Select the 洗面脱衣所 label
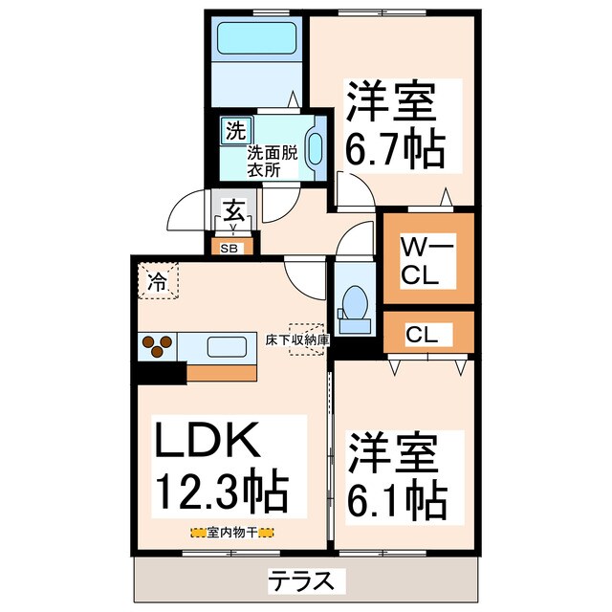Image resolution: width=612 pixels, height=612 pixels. pos(273,161)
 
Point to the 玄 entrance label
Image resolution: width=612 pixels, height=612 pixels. pos(232,208)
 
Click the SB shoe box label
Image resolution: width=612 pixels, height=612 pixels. pos(230,249)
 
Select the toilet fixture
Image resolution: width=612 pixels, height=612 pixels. pos(356,304)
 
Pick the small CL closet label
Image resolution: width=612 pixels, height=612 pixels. pos(422,335)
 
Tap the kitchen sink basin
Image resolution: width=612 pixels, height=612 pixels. pos(227,345)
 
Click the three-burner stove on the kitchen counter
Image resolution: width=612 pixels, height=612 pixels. pos(160,343)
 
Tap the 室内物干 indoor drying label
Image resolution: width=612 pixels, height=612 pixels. pos(232,533)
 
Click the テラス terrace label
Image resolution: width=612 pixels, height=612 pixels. pos(303,579)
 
